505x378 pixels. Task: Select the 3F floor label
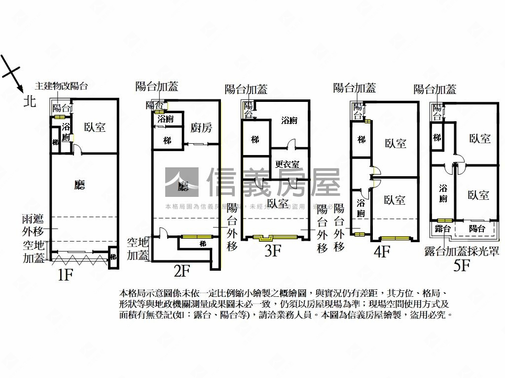[x=272, y=252]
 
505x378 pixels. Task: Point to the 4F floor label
[x=382, y=252]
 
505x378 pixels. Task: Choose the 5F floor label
[x=462, y=266]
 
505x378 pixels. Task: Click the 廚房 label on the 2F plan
[x=201, y=128]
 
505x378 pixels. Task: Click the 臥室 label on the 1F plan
[x=95, y=127]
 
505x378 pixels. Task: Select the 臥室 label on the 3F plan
[x=278, y=203]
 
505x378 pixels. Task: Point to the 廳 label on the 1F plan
[x=79, y=185]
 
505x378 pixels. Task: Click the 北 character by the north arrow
[x=30, y=102]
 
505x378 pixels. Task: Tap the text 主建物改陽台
[x=61, y=86]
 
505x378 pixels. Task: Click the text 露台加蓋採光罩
[x=462, y=252]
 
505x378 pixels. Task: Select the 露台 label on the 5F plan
[x=442, y=229]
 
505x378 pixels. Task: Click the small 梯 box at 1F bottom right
[x=113, y=257]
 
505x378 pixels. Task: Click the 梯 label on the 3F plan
[x=255, y=140]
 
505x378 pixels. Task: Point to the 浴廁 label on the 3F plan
[x=289, y=120]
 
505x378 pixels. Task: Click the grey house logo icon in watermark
[x=182, y=183]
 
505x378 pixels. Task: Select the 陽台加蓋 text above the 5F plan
[x=434, y=89]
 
